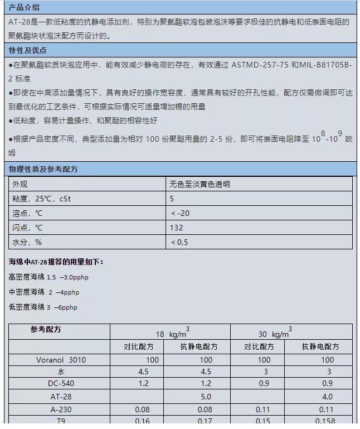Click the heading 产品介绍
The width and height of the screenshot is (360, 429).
[24, 7]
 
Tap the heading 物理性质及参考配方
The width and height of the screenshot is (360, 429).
[43, 168]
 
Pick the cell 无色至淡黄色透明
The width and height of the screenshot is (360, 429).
[200, 184]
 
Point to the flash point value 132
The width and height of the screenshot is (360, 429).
[176, 228]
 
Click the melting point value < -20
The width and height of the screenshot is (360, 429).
[181, 213]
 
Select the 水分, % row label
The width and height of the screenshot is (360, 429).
[27, 242]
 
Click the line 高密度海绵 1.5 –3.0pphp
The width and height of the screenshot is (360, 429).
[49, 277]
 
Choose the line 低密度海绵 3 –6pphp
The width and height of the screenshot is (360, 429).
[43, 307]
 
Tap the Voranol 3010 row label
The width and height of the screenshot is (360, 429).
[61, 360]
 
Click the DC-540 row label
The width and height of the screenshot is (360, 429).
[61, 384]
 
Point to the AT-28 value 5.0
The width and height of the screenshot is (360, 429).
[206, 397]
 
